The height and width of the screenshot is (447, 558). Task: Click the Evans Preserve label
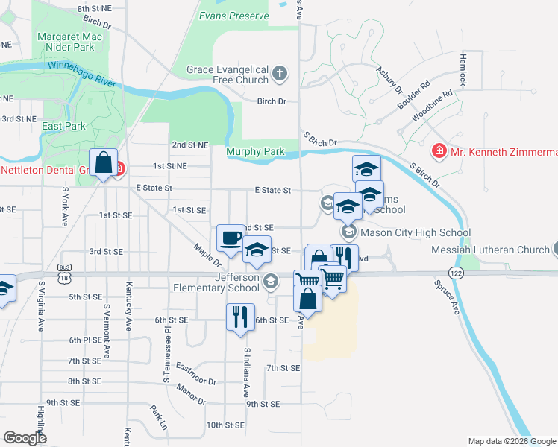click(x=233, y=16)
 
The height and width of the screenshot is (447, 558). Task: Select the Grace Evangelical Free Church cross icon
click(x=280, y=72)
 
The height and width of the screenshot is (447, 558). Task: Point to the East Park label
click(x=63, y=126)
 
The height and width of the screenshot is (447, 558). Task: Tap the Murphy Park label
click(x=256, y=151)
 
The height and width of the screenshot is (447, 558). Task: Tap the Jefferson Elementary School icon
click(x=270, y=281)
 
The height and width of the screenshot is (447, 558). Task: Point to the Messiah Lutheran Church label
click(x=491, y=250)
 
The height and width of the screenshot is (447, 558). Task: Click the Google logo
click(x=25, y=437)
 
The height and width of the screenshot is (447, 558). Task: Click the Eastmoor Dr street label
click(x=195, y=370)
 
